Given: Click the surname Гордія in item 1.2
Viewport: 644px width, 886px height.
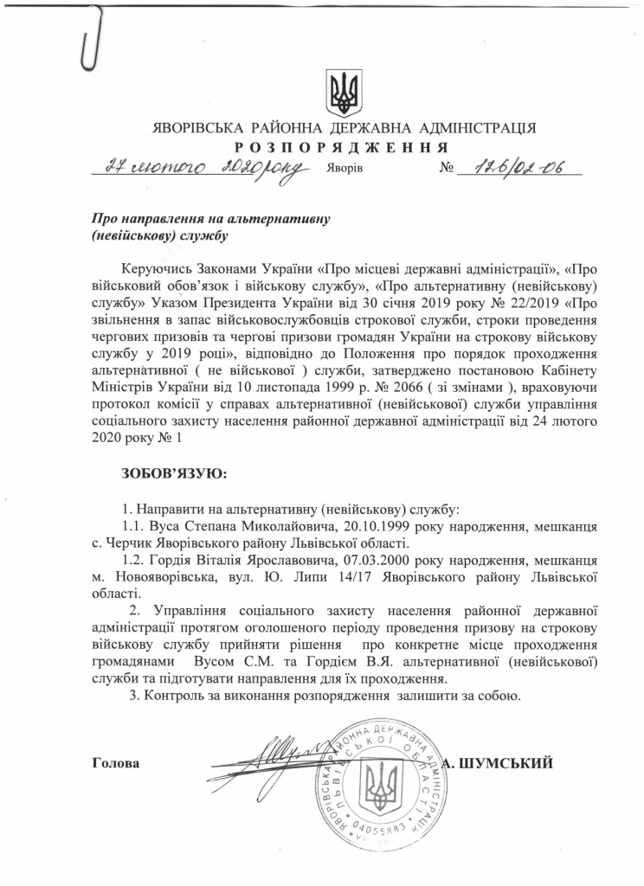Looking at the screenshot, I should point(174,559).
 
